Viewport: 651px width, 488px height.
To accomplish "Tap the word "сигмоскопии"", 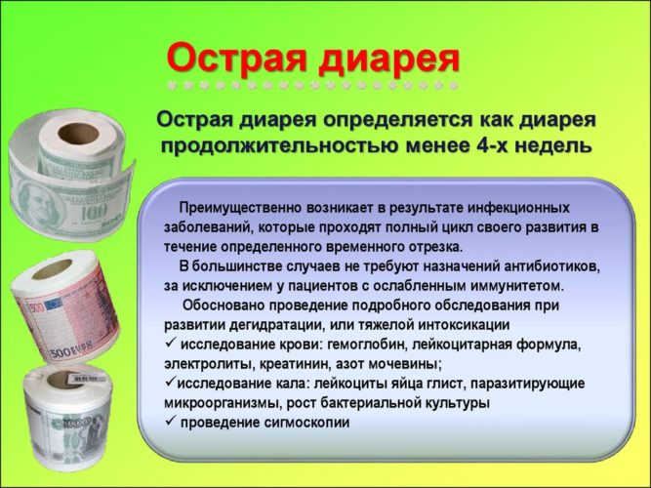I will [303, 422].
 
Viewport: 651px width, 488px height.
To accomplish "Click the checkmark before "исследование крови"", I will [170, 344].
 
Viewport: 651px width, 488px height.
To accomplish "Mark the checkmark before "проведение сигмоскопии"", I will [170, 422].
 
